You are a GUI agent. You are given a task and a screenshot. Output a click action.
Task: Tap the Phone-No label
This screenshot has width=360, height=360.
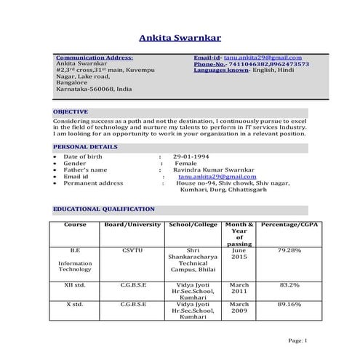tap(212, 64)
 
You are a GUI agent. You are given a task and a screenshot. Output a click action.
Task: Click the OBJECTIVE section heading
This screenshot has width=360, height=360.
tap(71, 111)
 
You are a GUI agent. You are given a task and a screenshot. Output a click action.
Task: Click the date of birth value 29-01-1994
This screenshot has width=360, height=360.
tap(191, 156)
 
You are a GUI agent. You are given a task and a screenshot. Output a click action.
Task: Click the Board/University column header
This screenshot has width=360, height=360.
tap(132, 225)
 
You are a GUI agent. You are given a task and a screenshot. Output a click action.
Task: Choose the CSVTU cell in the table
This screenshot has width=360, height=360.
tap(133, 250)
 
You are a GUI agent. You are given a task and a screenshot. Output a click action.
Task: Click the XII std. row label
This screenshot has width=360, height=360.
tap(75, 285)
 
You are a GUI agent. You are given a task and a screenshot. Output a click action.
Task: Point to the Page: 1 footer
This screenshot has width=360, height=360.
tap(298, 340)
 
